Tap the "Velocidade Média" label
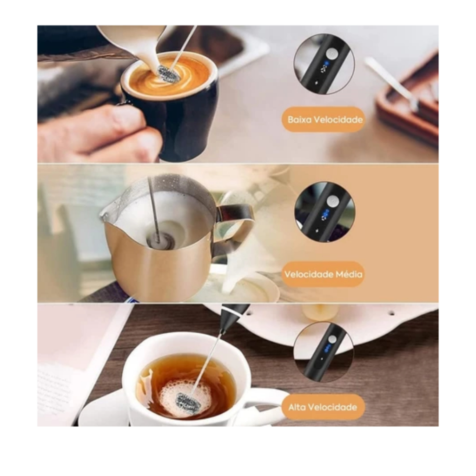[323, 274]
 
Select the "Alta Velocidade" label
[323, 407]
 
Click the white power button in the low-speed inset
[331, 54]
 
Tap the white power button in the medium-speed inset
[332, 201]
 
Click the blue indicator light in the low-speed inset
[326, 64]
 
